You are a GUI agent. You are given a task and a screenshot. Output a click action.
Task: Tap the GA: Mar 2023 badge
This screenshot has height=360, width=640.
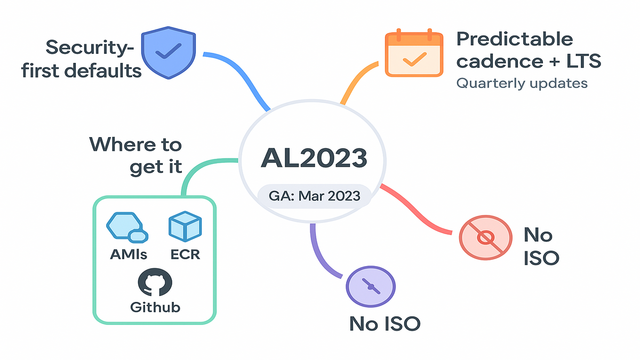(314, 196)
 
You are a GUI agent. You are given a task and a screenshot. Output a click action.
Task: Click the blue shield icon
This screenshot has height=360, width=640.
(161, 54)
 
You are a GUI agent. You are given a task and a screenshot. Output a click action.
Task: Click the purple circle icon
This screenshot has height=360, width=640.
(370, 286)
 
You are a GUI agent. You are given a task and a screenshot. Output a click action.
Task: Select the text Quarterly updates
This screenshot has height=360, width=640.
(522, 84)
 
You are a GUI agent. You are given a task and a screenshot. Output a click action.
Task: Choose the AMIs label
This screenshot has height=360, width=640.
(129, 254)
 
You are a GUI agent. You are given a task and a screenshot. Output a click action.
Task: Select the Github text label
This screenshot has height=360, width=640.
(155, 308)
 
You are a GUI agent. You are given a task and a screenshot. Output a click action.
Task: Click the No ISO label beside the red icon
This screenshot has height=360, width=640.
(541, 246)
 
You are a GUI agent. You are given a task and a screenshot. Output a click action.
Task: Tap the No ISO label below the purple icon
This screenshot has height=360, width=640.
(384, 323)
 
